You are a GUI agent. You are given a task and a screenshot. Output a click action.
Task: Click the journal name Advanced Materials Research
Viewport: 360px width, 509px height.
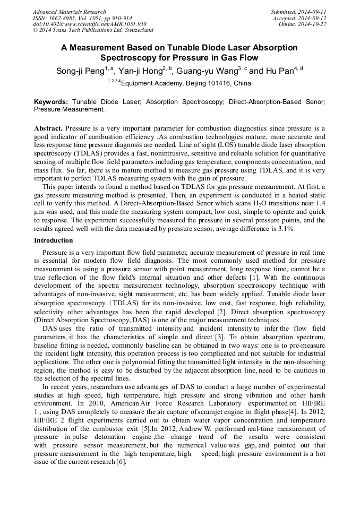[69, 12]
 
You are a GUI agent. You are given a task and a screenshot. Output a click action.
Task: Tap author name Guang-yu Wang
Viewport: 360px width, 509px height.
[204, 71]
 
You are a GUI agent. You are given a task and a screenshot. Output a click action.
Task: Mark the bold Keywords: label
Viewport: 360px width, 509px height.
[51, 101]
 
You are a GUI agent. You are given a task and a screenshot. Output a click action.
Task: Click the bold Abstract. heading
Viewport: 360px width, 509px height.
[49, 129]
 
